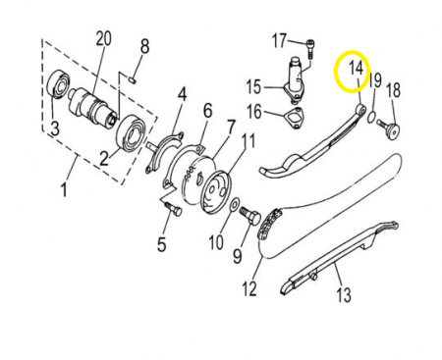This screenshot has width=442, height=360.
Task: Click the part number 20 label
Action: tap(103, 38)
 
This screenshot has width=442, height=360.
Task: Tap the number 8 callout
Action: tap(144, 46)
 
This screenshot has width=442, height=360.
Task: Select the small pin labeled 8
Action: tap(132, 79)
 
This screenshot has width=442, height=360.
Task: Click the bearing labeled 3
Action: tap(59, 84)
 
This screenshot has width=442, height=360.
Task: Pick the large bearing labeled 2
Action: tap(131, 133)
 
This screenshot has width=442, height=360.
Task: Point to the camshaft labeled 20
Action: tap(92, 106)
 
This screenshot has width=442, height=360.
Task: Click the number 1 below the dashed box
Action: tap(64, 189)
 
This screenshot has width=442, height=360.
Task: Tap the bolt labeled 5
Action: tap(173, 209)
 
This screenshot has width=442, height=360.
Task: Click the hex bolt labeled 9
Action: tap(250, 216)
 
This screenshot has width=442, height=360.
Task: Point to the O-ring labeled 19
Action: tap(371, 117)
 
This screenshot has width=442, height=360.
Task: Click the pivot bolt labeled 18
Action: tap(389, 130)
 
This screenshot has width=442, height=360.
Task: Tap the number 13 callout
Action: tap(344, 294)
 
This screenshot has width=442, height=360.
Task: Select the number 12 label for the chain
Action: tap(249, 288)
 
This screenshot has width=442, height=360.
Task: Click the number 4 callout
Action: tap(182, 94)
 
